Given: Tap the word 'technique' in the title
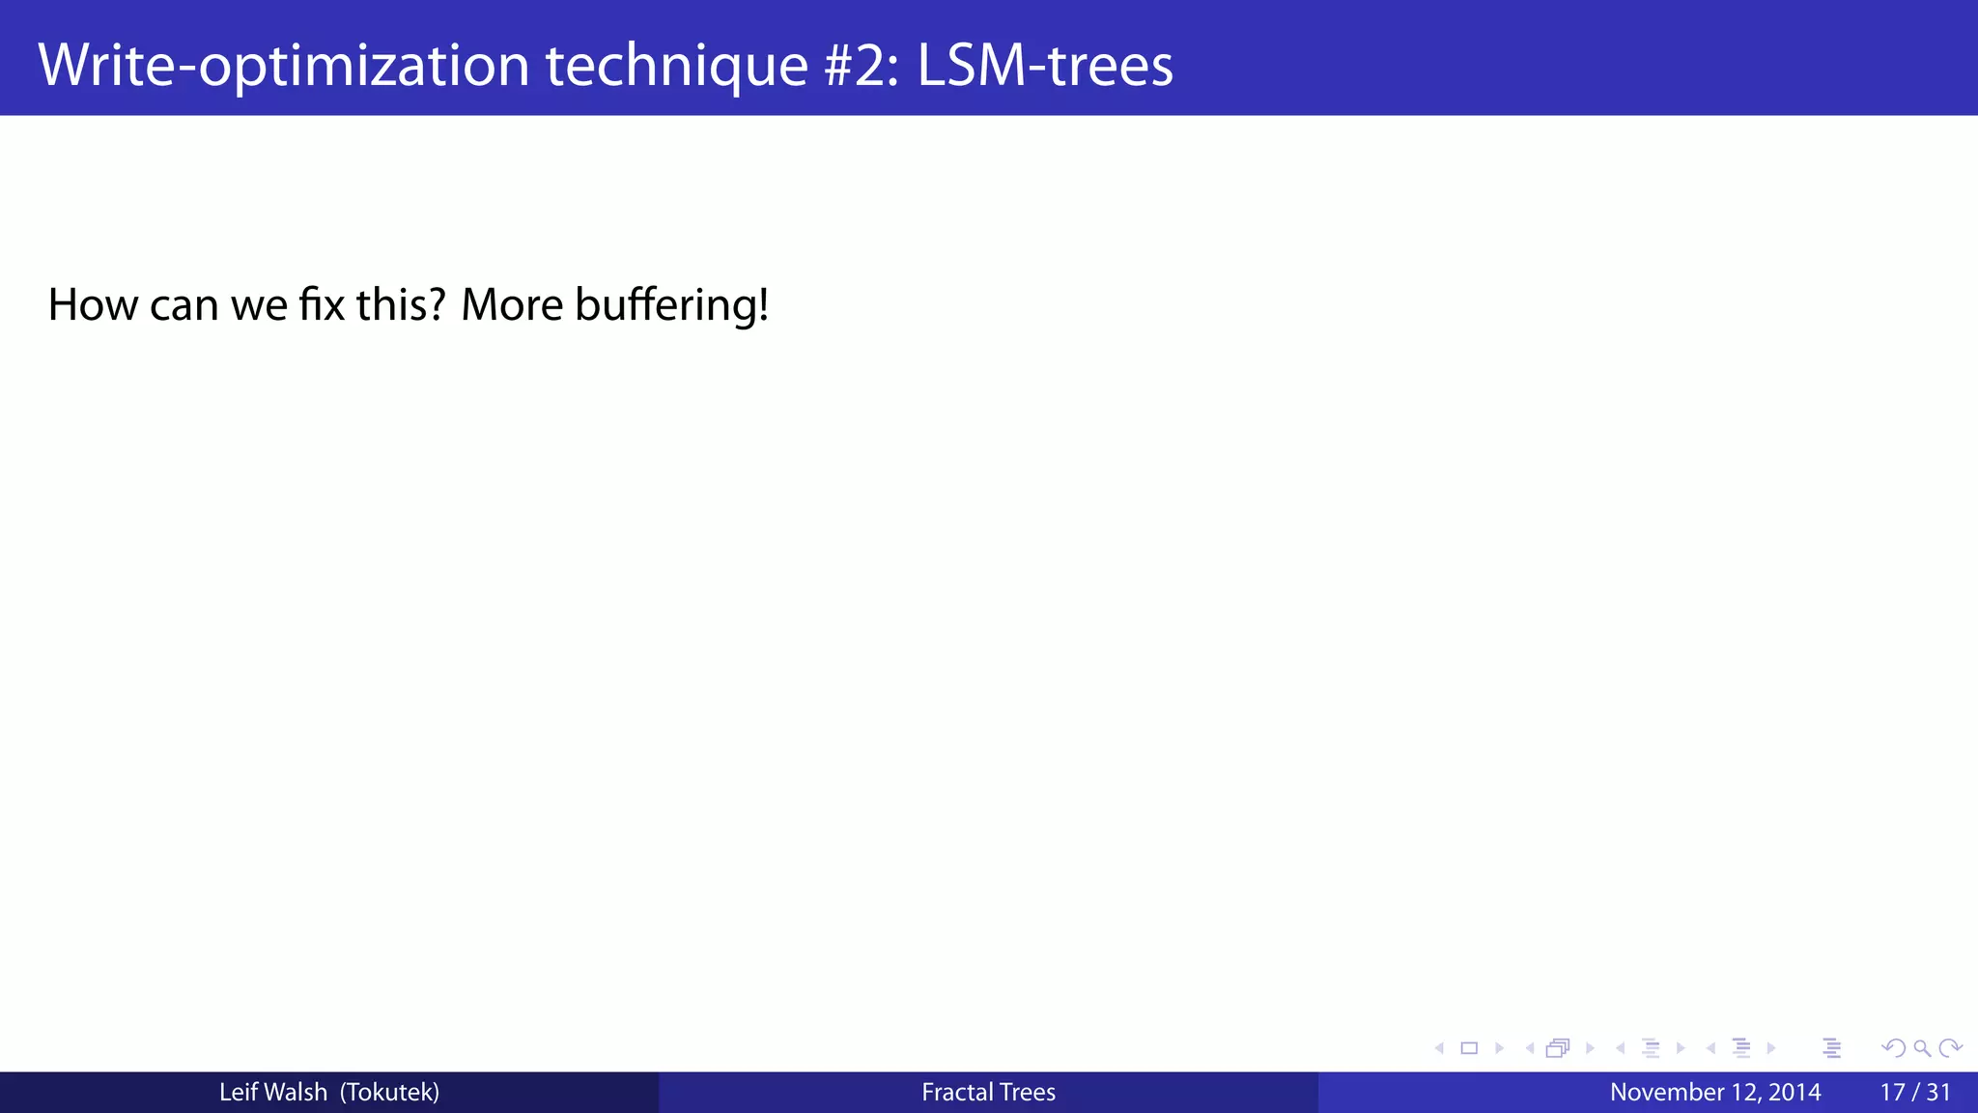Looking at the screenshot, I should pos(676,66).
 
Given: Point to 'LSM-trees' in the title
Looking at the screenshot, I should pos(1045,66).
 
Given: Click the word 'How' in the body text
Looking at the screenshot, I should pos(93,305).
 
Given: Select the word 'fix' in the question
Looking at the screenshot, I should pos(322,305).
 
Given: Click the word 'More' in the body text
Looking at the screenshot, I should pos(512,305).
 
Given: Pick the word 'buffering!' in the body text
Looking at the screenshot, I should pos(672,305).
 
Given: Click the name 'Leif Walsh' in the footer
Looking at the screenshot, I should pos(273,1093).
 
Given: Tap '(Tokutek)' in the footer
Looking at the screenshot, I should pos(389,1093).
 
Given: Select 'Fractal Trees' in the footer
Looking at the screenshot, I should pos(988,1093).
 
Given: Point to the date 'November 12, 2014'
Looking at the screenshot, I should pos(1715,1093).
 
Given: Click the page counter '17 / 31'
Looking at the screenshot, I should pos(1915,1093).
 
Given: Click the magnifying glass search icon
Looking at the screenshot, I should pos(1922,1048).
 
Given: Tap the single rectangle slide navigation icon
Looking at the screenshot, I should pos(1469,1048).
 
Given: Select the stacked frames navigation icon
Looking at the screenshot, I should pos(1558,1048).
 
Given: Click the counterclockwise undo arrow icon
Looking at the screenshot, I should pos(1893,1048).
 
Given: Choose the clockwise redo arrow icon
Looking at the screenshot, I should pos(1950,1048).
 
